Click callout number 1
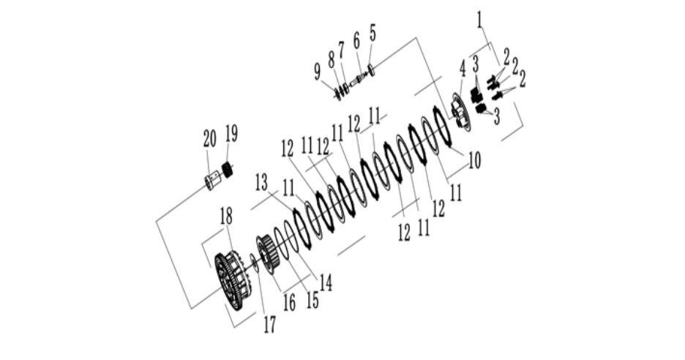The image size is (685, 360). click(x=481, y=20)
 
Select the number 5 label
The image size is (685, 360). click(x=373, y=33)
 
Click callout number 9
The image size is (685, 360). click(x=318, y=72)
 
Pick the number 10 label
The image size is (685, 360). click(x=474, y=160)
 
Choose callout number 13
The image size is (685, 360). click(x=261, y=183)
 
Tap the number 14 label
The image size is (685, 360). click(x=326, y=282)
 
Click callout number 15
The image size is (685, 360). click(x=312, y=300)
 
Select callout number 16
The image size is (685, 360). click(x=289, y=302)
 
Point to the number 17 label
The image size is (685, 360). click(x=269, y=324)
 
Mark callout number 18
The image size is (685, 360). click(x=226, y=217)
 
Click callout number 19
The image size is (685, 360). click(x=231, y=134)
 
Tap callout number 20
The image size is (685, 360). click(x=210, y=139)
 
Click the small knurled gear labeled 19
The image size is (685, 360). click(x=227, y=169)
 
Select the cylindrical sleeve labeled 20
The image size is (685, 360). click(x=212, y=181)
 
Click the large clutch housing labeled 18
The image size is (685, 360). click(x=231, y=280)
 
